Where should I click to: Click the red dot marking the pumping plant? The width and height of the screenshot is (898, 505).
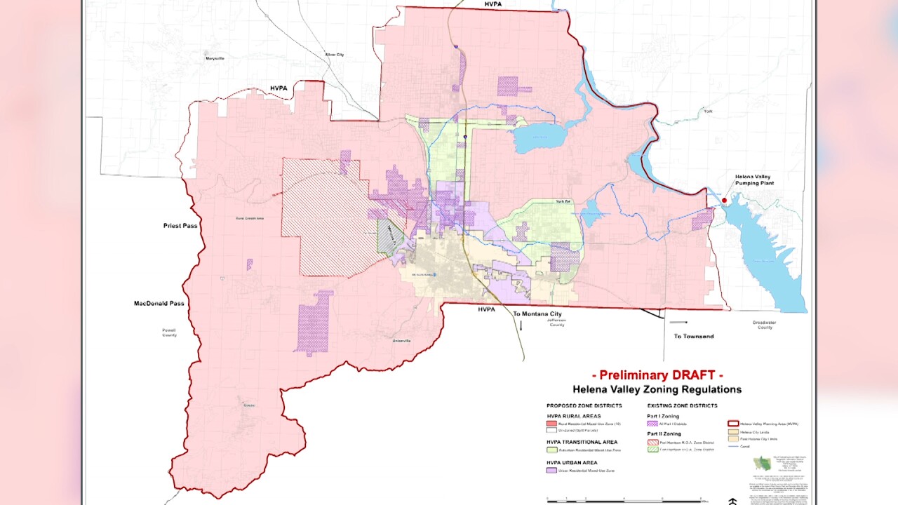725,201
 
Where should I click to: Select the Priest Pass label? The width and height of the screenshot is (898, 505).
180,226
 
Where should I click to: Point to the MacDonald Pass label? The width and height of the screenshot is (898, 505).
159,303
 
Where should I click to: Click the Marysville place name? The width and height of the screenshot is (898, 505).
214,58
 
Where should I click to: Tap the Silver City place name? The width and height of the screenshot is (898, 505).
335,54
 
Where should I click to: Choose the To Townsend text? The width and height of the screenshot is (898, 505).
694,336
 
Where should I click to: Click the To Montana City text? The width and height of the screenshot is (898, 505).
537,314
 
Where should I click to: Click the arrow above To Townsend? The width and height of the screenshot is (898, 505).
678,323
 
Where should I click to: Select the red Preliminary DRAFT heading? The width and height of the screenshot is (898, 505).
657,375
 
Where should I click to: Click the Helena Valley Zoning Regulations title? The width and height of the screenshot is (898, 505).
657,389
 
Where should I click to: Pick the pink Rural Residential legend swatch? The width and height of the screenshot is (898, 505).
552,424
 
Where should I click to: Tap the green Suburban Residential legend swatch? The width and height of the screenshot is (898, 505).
552,449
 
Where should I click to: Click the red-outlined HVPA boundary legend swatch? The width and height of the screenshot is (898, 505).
734,424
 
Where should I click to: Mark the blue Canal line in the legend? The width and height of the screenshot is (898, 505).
734,445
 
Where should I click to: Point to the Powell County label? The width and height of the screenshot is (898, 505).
169,332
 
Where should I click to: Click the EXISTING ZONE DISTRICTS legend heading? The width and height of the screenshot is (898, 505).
682,405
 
